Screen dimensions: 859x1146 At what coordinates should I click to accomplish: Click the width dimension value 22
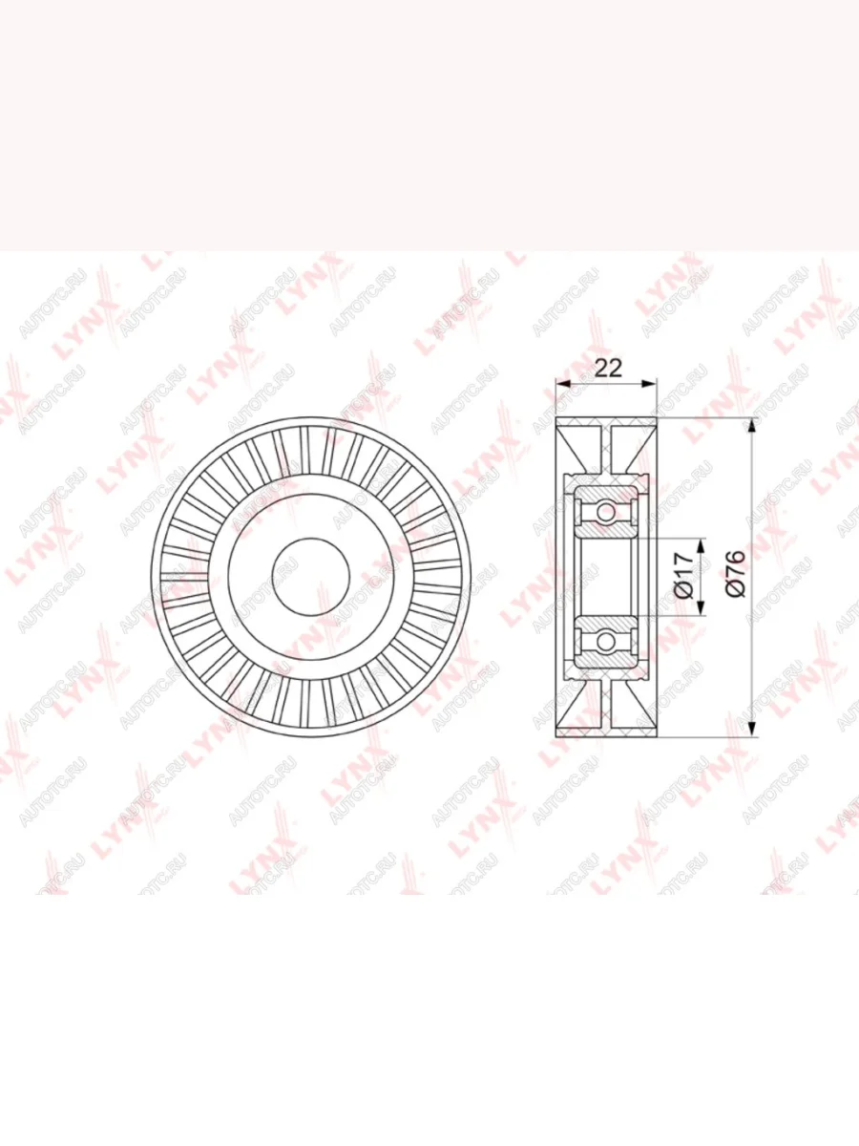pyautogui.click(x=609, y=368)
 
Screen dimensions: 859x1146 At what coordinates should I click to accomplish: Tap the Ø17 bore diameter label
pyautogui.click(x=684, y=577)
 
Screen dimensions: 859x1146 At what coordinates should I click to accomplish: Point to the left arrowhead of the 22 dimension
pyautogui.click(x=564, y=384)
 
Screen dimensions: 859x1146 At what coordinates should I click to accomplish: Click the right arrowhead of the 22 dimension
pyautogui.click(x=648, y=384)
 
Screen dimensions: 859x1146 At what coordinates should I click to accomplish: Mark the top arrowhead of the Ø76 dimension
pyautogui.click(x=751, y=426)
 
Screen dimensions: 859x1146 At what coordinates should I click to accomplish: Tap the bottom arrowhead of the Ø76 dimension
pyautogui.click(x=751, y=730)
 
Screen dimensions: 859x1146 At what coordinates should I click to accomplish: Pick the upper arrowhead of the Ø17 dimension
pyautogui.click(x=701, y=545)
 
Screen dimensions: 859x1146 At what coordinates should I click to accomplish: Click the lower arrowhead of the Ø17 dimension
pyautogui.click(x=701, y=607)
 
